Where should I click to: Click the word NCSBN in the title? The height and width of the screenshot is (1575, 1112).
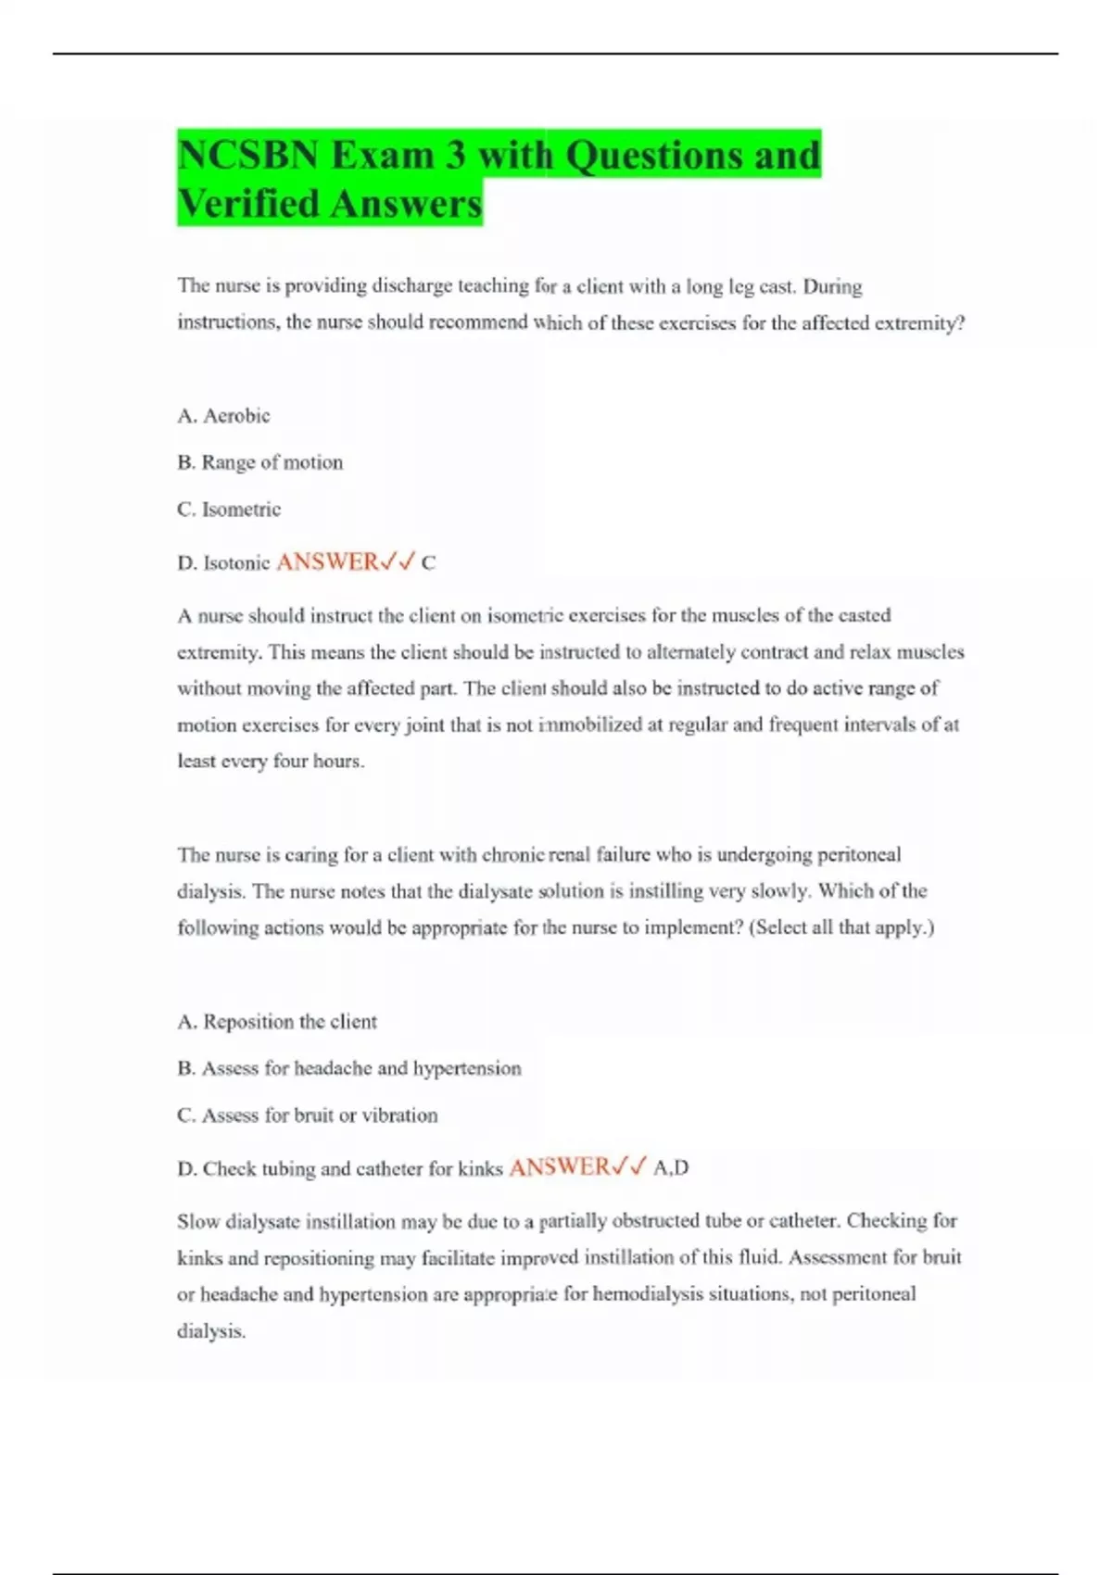[247, 156]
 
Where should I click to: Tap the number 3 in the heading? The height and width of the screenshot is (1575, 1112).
[454, 156]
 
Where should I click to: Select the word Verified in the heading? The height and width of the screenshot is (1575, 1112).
[247, 204]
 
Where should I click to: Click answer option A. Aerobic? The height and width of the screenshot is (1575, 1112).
[223, 416]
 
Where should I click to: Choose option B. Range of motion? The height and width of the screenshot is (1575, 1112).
[259, 462]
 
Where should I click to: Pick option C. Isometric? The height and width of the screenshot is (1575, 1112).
[229, 510]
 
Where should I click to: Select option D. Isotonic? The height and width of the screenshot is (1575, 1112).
[223, 563]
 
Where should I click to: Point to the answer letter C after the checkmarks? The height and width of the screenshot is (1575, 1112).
[428, 563]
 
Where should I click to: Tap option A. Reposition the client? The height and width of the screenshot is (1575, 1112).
[277, 1022]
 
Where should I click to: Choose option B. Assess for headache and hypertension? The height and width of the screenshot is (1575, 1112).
[349, 1068]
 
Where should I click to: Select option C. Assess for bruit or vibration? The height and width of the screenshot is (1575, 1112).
[307, 1115]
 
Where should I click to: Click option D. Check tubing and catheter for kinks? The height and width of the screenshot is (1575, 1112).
[340, 1169]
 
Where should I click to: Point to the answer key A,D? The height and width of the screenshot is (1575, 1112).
[671, 1168]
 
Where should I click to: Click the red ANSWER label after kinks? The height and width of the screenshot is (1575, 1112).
[560, 1167]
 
